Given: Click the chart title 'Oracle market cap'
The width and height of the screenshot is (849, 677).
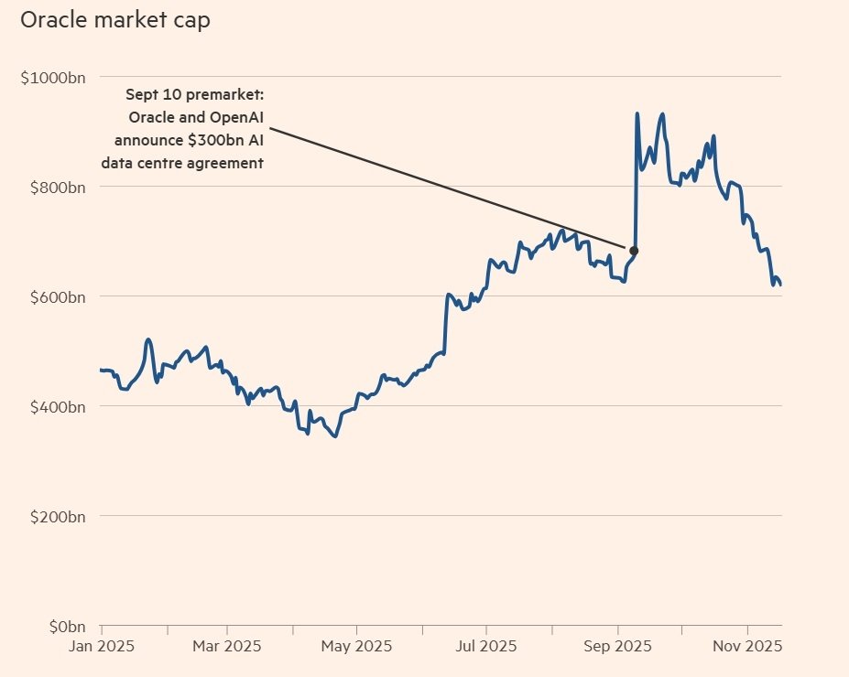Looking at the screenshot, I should point(115,20).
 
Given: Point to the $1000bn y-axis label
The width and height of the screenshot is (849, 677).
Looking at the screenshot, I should point(53,77).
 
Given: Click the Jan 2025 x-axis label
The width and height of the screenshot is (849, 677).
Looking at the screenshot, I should point(102,646).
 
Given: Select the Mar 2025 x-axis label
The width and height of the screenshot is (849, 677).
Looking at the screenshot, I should point(227,646).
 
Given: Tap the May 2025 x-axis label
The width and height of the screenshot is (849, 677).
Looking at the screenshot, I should point(357,646).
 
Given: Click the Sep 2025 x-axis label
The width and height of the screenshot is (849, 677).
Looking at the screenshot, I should point(618,646).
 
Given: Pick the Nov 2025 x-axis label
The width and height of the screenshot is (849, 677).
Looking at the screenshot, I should point(747,646).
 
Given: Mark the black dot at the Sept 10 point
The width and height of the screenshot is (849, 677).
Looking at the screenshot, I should point(633,251).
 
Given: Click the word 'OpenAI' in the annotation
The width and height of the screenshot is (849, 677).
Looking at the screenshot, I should point(234,117).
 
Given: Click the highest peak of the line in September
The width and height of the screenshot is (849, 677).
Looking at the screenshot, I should point(637,114).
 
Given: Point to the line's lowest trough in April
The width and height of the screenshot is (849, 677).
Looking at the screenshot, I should point(335,436).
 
